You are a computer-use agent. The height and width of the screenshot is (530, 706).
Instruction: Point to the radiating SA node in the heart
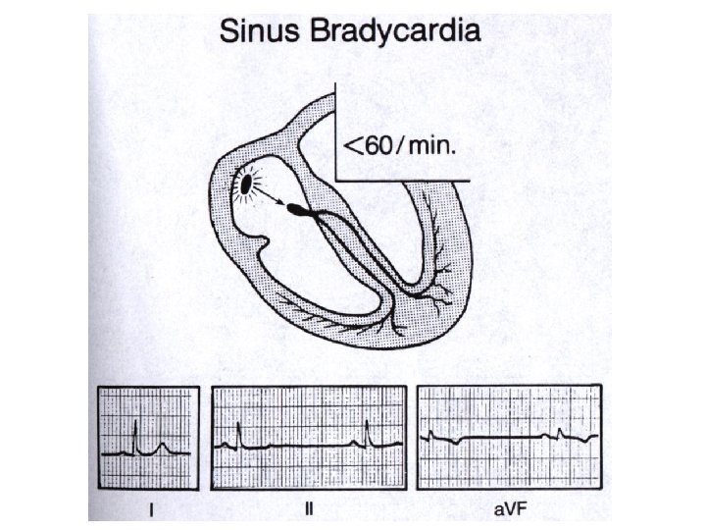tap(245, 184)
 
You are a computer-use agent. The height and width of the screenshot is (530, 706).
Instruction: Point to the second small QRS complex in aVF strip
tap(559, 433)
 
